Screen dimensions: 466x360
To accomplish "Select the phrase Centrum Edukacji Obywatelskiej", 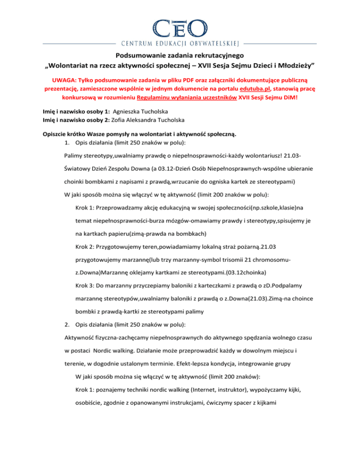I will click(x=180, y=44).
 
